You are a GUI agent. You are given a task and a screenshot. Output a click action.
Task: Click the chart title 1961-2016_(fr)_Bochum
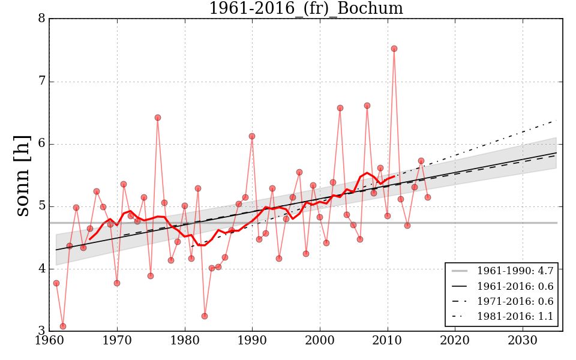pyautogui.click(x=305, y=8)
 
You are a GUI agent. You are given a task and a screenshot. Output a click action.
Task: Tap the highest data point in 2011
pyautogui.click(x=394, y=49)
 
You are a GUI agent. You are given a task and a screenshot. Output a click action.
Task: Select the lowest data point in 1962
pyautogui.click(x=63, y=326)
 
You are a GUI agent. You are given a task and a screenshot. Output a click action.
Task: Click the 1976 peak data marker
pyautogui.click(x=158, y=118)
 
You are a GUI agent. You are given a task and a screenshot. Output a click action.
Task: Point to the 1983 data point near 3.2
pyautogui.click(x=205, y=316)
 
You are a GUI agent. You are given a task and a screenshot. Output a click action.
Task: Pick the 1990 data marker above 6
pyautogui.click(x=252, y=136)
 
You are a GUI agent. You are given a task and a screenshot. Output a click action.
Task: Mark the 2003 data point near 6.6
pyautogui.click(x=340, y=108)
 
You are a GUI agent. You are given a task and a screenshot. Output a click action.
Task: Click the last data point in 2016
pyautogui.click(x=428, y=197)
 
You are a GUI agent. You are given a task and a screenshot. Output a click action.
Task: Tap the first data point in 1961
pyautogui.click(x=56, y=283)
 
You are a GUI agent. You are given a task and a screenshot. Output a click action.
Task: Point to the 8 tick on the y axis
pyautogui.click(x=41, y=19)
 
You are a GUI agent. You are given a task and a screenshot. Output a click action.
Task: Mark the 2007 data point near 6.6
pyautogui.click(x=367, y=106)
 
